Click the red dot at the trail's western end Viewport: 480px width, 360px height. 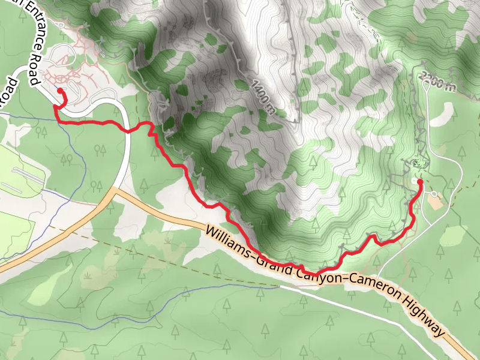click(60, 91)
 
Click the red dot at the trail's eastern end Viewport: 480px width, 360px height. click(419, 181)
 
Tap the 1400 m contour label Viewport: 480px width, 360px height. click(264, 97)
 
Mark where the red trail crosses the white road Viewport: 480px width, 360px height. click(127, 130)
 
